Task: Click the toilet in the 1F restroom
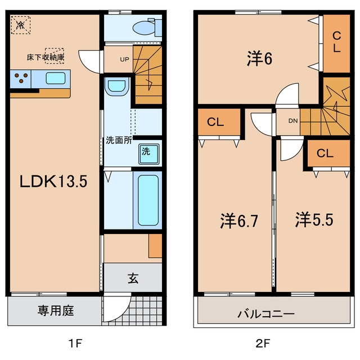[147, 28]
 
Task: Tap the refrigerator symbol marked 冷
[21, 25]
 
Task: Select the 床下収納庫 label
[45, 57]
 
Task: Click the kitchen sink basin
[55, 78]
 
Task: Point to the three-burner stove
[21, 79]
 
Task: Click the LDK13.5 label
[53, 181]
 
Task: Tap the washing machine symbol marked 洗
[148, 154]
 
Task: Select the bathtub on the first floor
[148, 200]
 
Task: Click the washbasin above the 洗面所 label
[116, 87]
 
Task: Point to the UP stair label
[124, 60]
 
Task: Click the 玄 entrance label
[133, 279]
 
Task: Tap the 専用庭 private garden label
[56, 310]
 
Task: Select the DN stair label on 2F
[293, 121]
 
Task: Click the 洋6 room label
[259, 58]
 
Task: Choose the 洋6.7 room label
[238, 221]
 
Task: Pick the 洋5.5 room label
[314, 220]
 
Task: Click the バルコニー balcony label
[266, 314]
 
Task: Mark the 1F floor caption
[75, 344]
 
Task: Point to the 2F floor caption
[263, 344]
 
